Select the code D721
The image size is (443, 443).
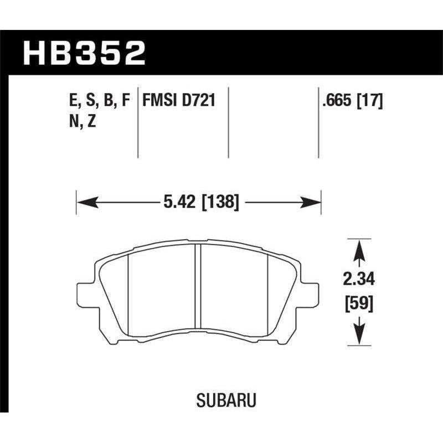click(198, 101)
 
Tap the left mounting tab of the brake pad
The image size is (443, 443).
click(84, 294)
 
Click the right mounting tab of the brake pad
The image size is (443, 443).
click(312, 294)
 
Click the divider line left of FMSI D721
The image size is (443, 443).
click(137, 122)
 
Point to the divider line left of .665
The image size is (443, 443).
click(319, 122)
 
